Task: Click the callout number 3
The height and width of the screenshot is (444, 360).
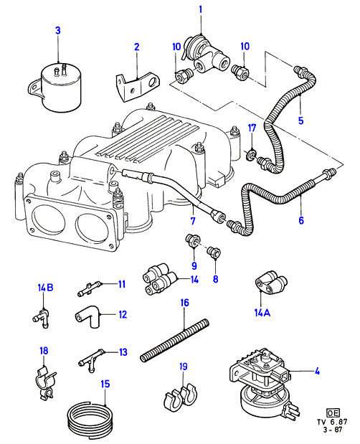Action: pyautogui.click(x=58, y=30)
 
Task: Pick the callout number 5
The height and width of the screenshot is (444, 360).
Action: pyautogui.click(x=301, y=121)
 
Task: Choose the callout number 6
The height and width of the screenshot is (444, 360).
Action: pyautogui.click(x=301, y=220)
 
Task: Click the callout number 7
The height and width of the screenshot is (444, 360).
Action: pyautogui.click(x=193, y=221)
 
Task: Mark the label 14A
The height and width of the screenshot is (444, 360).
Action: pyautogui.click(x=262, y=313)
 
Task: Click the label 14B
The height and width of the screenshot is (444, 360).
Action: pyautogui.click(x=46, y=288)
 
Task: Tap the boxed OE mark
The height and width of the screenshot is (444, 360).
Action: pyautogui.click(x=333, y=412)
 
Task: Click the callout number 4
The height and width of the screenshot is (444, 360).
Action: pyautogui.click(x=317, y=371)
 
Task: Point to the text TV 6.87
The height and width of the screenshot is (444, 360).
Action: pyautogui.click(x=332, y=422)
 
